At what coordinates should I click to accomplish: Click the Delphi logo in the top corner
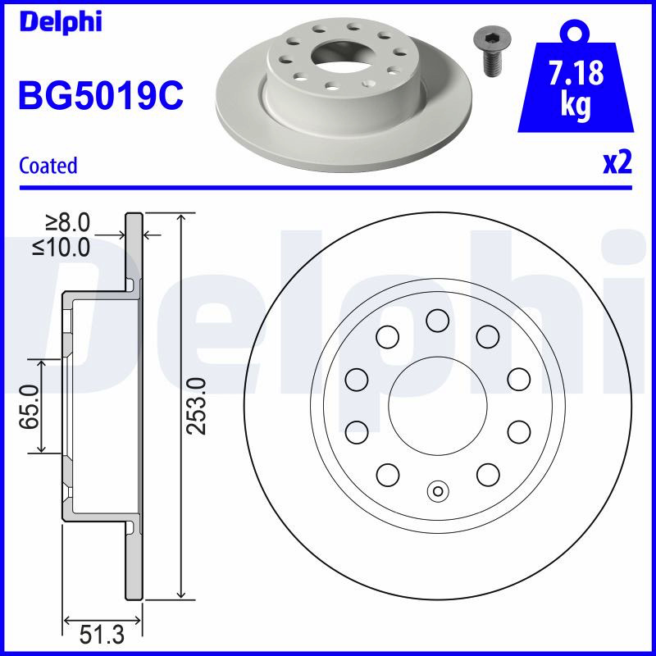[61, 21]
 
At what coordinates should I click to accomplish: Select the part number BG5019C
[101, 95]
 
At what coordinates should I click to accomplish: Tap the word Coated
[48, 166]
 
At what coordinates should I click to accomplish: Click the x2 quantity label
[617, 163]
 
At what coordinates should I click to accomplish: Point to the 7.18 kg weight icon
[576, 77]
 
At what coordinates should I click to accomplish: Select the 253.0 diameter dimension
[197, 406]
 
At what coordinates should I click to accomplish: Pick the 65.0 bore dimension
[30, 407]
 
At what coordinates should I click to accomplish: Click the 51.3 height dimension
[102, 635]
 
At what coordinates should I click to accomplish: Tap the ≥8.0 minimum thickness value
[67, 222]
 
